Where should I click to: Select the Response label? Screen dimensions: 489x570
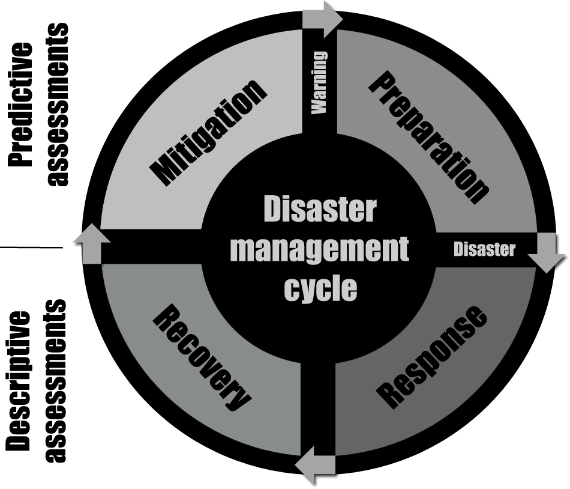(x=430, y=357)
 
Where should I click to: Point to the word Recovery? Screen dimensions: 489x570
(x=201, y=359)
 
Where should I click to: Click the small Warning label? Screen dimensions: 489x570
(x=320, y=82)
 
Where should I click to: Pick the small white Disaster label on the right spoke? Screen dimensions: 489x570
(x=484, y=249)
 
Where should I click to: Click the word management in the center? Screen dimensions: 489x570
(x=319, y=249)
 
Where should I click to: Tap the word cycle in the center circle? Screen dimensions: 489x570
(x=320, y=288)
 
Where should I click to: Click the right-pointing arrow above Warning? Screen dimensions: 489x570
(x=322, y=17)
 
